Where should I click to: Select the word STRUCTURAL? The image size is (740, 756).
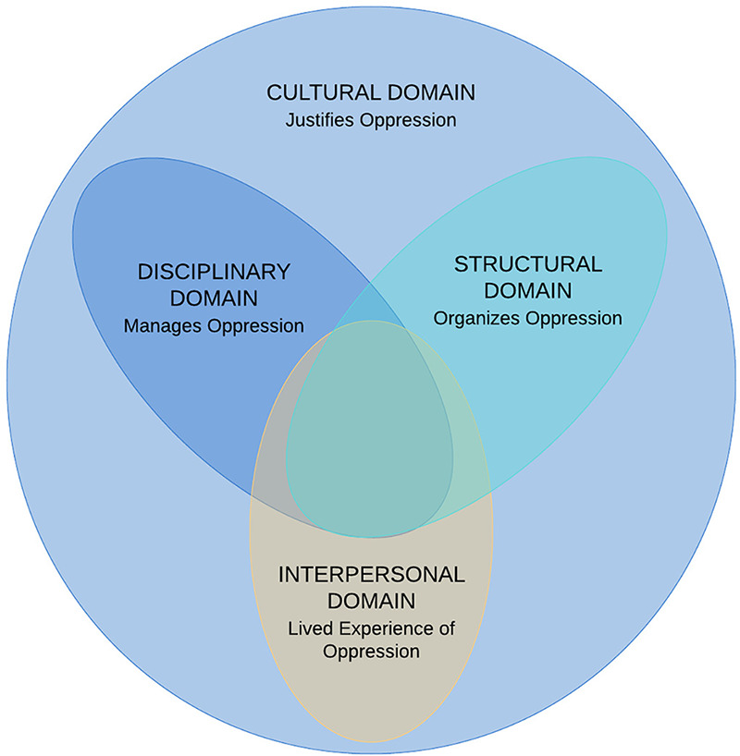point(527,263)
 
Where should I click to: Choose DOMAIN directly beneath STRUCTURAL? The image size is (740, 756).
point(527,290)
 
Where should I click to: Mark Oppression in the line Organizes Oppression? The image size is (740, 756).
point(573,318)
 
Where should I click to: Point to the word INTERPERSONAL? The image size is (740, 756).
point(371,574)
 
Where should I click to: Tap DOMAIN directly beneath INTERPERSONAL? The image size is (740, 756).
point(371,601)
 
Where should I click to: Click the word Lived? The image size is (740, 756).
point(308,629)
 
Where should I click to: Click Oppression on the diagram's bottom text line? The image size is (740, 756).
point(371,651)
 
